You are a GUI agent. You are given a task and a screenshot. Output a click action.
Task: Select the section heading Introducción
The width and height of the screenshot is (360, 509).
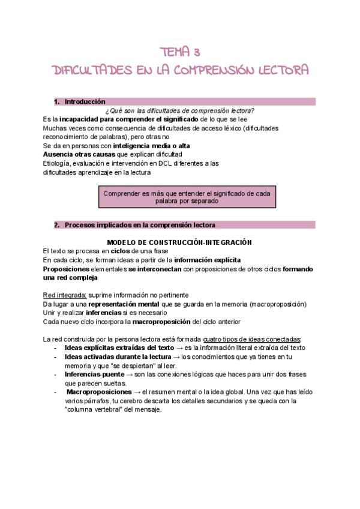(x=85, y=102)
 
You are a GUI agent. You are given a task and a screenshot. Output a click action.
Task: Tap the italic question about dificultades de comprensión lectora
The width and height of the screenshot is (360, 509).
(x=179, y=110)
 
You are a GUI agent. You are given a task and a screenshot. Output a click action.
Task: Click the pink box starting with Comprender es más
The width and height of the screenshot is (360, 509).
(x=186, y=197)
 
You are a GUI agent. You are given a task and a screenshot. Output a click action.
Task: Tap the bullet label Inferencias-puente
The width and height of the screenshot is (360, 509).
(x=91, y=375)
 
